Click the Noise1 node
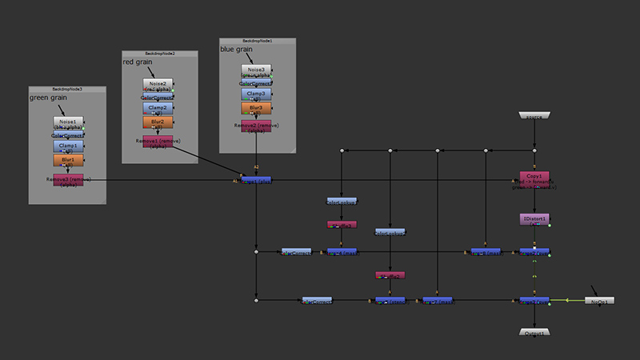[68, 122]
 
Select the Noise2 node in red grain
[158, 84]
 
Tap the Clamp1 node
[68, 146]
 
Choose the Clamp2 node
[158, 108]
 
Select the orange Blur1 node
[68, 160]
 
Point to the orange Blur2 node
[158, 122]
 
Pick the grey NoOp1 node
[599, 301]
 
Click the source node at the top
[534, 117]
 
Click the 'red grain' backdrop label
[137, 62]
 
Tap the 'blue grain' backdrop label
[236, 49]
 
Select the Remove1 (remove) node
[158, 142]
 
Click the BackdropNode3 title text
[67, 89]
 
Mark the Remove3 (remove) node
[68, 180]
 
